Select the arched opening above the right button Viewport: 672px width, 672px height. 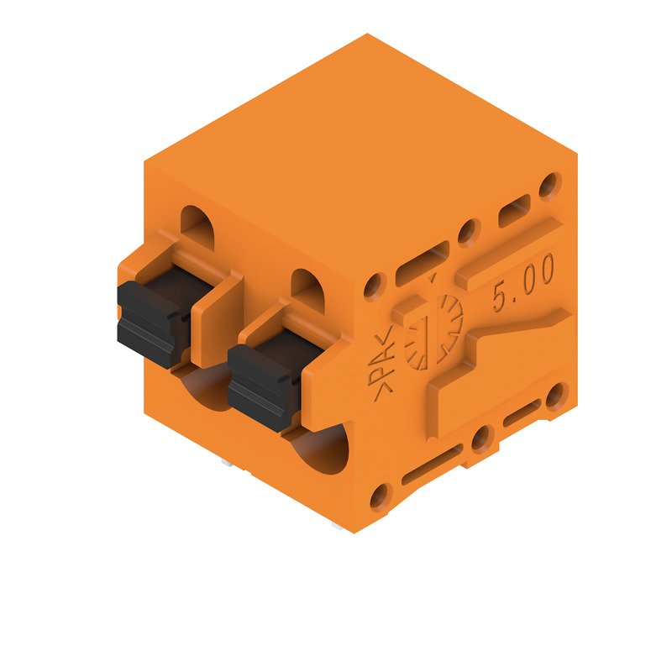pos(307,284)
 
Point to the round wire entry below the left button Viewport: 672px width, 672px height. pos(202,390)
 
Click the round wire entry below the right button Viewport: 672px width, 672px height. pos(323,449)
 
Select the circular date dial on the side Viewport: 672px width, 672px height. pos(433,333)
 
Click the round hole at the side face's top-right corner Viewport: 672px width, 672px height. pos(550,184)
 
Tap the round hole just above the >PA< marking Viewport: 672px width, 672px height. pos(375,286)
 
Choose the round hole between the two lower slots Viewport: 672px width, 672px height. pos(481,438)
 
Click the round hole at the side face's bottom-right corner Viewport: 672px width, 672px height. pos(555,395)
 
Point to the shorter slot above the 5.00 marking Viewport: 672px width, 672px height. pos(514,210)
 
